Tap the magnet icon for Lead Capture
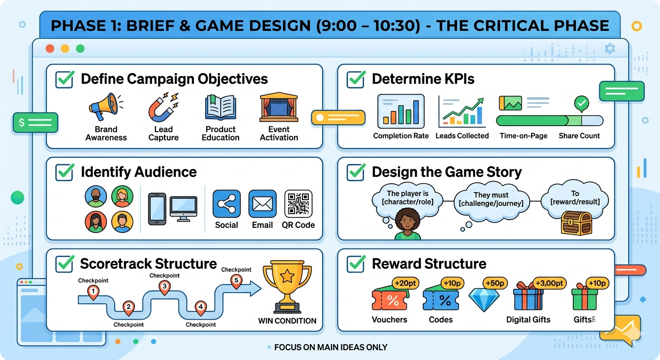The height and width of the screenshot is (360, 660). [x=163, y=107]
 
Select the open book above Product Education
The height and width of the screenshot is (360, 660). [x=220, y=107]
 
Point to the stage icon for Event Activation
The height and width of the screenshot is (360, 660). [x=279, y=107]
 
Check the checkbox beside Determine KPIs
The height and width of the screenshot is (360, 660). [x=356, y=79]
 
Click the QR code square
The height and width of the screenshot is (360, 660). [x=298, y=203]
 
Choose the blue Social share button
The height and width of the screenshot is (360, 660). [x=226, y=203]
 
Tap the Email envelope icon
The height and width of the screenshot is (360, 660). [x=262, y=203]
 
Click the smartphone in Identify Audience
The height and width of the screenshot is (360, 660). [x=157, y=209]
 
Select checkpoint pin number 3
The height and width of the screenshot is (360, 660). [x=165, y=287]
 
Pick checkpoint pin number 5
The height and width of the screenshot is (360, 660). [x=236, y=281]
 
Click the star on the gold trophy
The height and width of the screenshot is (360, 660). [x=287, y=277]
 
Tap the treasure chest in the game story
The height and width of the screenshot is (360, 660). [x=576, y=223]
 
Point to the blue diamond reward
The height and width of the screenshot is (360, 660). [x=484, y=300]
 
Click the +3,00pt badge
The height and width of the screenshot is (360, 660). [x=549, y=284]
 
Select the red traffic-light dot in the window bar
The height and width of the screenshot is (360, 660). [x=50, y=49]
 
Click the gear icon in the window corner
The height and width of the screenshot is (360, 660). [x=610, y=48]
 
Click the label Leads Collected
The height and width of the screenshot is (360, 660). [x=462, y=136]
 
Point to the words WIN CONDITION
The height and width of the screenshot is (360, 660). [x=287, y=321]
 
